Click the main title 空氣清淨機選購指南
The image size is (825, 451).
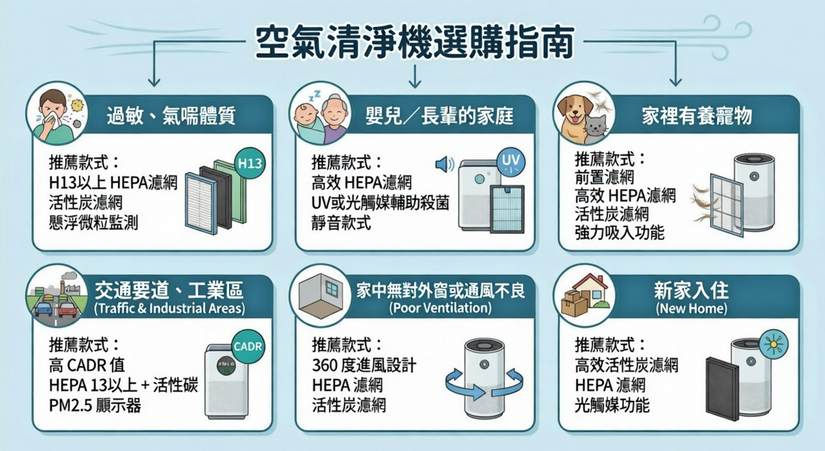coord(414,42)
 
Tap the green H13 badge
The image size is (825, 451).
coord(249,164)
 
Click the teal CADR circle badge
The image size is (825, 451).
coord(248,347)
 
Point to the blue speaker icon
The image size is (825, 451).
coord(445,164)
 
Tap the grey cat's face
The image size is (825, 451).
coord(596,127)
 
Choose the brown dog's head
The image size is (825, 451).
coord(574,110)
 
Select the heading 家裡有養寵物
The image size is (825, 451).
coord(697,117)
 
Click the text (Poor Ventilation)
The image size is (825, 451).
coord(440,308)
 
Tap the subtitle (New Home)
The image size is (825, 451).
coord(692,308)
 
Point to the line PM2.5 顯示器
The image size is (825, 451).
coord(95,406)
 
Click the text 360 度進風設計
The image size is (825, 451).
coord(364,365)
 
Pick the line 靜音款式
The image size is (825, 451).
coord(341,223)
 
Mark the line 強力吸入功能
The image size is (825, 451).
coord(619,233)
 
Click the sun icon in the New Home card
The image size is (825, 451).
coord(773,345)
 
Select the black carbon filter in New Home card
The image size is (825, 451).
coord(723,388)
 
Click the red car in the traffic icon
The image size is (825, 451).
coord(68,309)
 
